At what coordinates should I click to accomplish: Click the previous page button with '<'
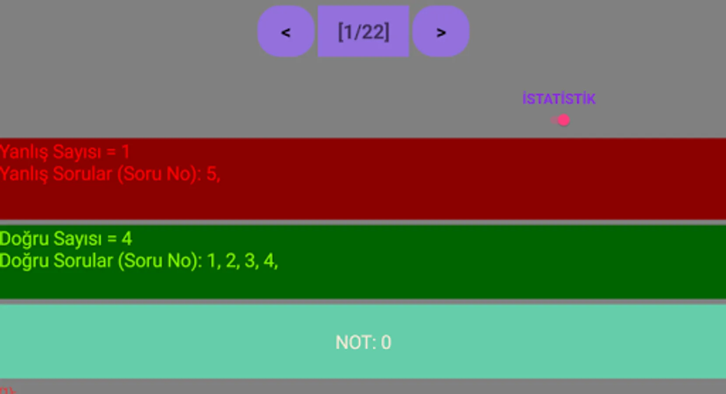(x=285, y=32)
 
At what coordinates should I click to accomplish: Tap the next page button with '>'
(x=441, y=32)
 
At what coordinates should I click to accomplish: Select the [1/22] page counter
(x=363, y=32)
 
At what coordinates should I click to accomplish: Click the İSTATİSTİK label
(x=559, y=99)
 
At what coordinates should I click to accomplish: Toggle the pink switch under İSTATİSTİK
(x=561, y=120)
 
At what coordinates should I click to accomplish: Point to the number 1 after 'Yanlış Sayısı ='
(x=126, y=152)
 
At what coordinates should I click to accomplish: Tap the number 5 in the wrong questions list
(x=211, y=174)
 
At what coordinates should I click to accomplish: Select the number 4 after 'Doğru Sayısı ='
(x=127, y=239)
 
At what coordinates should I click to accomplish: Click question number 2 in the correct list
(x=231, y=260)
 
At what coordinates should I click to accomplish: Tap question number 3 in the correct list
(x=250, y=260)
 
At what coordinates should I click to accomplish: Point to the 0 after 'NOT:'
(x=386, y=342)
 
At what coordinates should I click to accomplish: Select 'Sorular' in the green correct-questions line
(x=83, y=260)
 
